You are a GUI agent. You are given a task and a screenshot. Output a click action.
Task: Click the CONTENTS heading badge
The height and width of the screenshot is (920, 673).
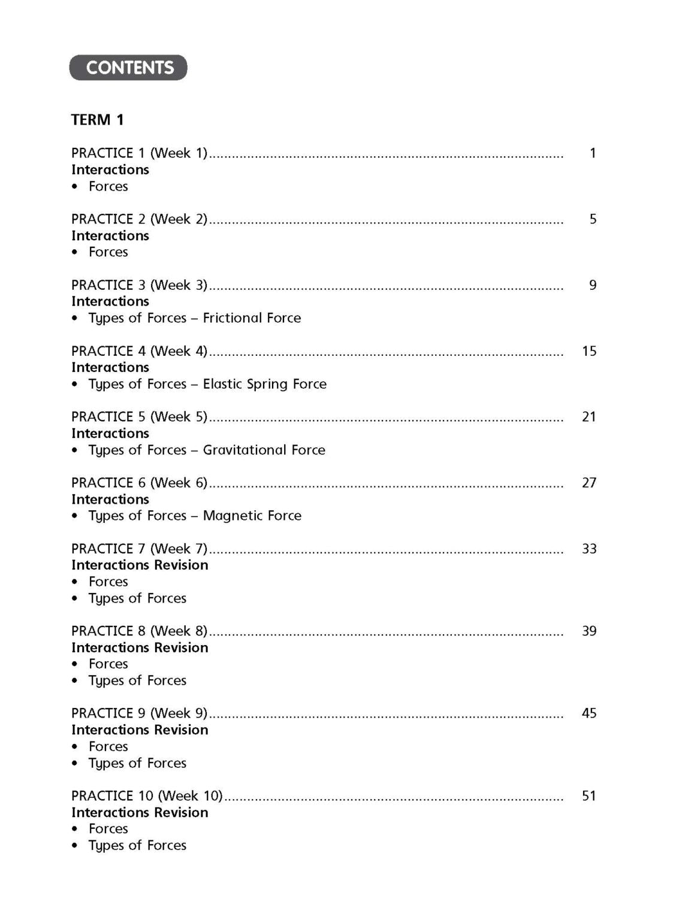click(x=128, y=68)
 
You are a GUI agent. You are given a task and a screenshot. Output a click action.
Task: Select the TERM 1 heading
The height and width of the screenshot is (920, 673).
click(x=97, y=120)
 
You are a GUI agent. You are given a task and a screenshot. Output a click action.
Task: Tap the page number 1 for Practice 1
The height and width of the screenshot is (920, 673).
click(x=593, y=153)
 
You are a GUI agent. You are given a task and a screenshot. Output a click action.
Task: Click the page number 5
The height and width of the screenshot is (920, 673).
click(x=593, y=219)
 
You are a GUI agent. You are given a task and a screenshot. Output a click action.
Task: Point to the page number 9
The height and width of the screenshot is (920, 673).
click(x=593, y=285)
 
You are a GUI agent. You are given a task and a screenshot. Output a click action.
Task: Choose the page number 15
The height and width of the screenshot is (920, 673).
click(x=589, y=351)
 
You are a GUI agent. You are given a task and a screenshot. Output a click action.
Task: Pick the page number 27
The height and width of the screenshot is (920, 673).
click(x=589, y=483)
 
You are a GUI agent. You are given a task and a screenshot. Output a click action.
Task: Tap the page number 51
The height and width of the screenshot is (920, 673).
click(x=589, y=796)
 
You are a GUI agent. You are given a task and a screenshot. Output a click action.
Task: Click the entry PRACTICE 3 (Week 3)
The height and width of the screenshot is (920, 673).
click(x=139, y=285)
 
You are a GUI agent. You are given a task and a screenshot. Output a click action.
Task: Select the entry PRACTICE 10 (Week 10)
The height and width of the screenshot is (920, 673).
click(x=147, y=796)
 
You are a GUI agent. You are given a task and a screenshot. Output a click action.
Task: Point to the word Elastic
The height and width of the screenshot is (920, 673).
click(x=222, y=384)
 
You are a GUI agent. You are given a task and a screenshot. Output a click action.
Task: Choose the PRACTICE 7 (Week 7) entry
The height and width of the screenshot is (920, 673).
click(x=139, y=549)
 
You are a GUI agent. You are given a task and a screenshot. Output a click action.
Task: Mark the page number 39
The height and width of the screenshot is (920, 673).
click(x=589, y=631)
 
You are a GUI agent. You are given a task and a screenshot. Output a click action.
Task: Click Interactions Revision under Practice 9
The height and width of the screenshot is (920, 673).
click(x=140, y=730)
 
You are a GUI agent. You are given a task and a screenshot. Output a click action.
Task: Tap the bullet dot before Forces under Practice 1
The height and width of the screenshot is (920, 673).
click(x=75, y=187)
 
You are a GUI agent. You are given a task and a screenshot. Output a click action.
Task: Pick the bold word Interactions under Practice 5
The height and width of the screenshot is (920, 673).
click(x=110, y=434)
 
